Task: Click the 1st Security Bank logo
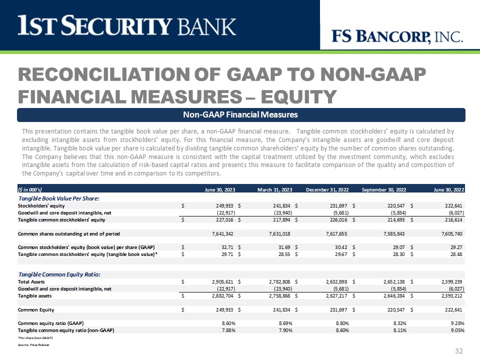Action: tap(127, 26)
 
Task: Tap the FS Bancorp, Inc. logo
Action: tap(397, 36)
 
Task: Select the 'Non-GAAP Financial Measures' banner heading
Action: tap(240, 115)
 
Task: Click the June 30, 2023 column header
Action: tap(220, 190)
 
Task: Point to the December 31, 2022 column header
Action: tap(327, 190)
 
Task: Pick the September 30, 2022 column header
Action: tap(383, 190)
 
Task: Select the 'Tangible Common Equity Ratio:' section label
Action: tap(59, 274)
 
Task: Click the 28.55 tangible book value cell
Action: tap(286, 254)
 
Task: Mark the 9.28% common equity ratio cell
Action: tap(456, 323)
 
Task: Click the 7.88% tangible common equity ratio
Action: tap(228, 330)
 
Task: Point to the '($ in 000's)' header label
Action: tap(29, 190)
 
